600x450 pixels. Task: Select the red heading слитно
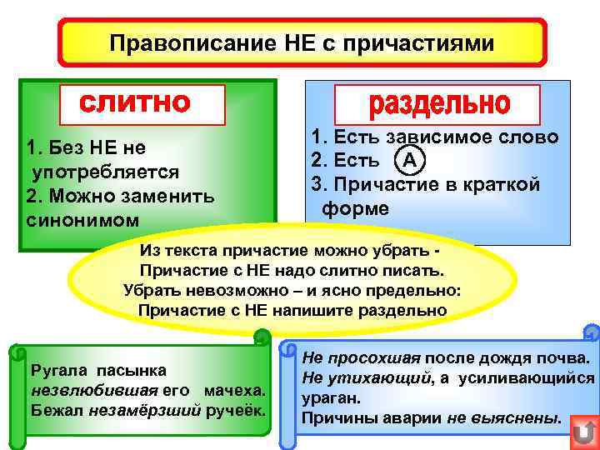pos(135,102)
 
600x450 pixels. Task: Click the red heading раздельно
pos(438,103)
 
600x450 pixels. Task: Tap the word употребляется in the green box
pos(106,172)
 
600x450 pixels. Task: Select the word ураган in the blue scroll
pos(329,398)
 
